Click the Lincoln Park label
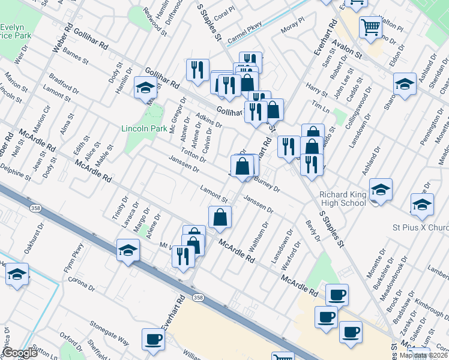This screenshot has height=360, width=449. click(x=144, y=128)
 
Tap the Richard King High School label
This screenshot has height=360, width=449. click(x=343, y=199)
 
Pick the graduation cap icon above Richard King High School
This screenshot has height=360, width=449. click(x=381, y=190)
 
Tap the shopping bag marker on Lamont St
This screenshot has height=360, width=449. click(x=220, y=217)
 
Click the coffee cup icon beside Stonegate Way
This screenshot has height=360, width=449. click(x=153, y=340)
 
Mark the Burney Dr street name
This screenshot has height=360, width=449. click(x=267, y=184)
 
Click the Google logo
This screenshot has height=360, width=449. click(x=20, y=353)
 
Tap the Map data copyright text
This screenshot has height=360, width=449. click(x=424, y=355)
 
